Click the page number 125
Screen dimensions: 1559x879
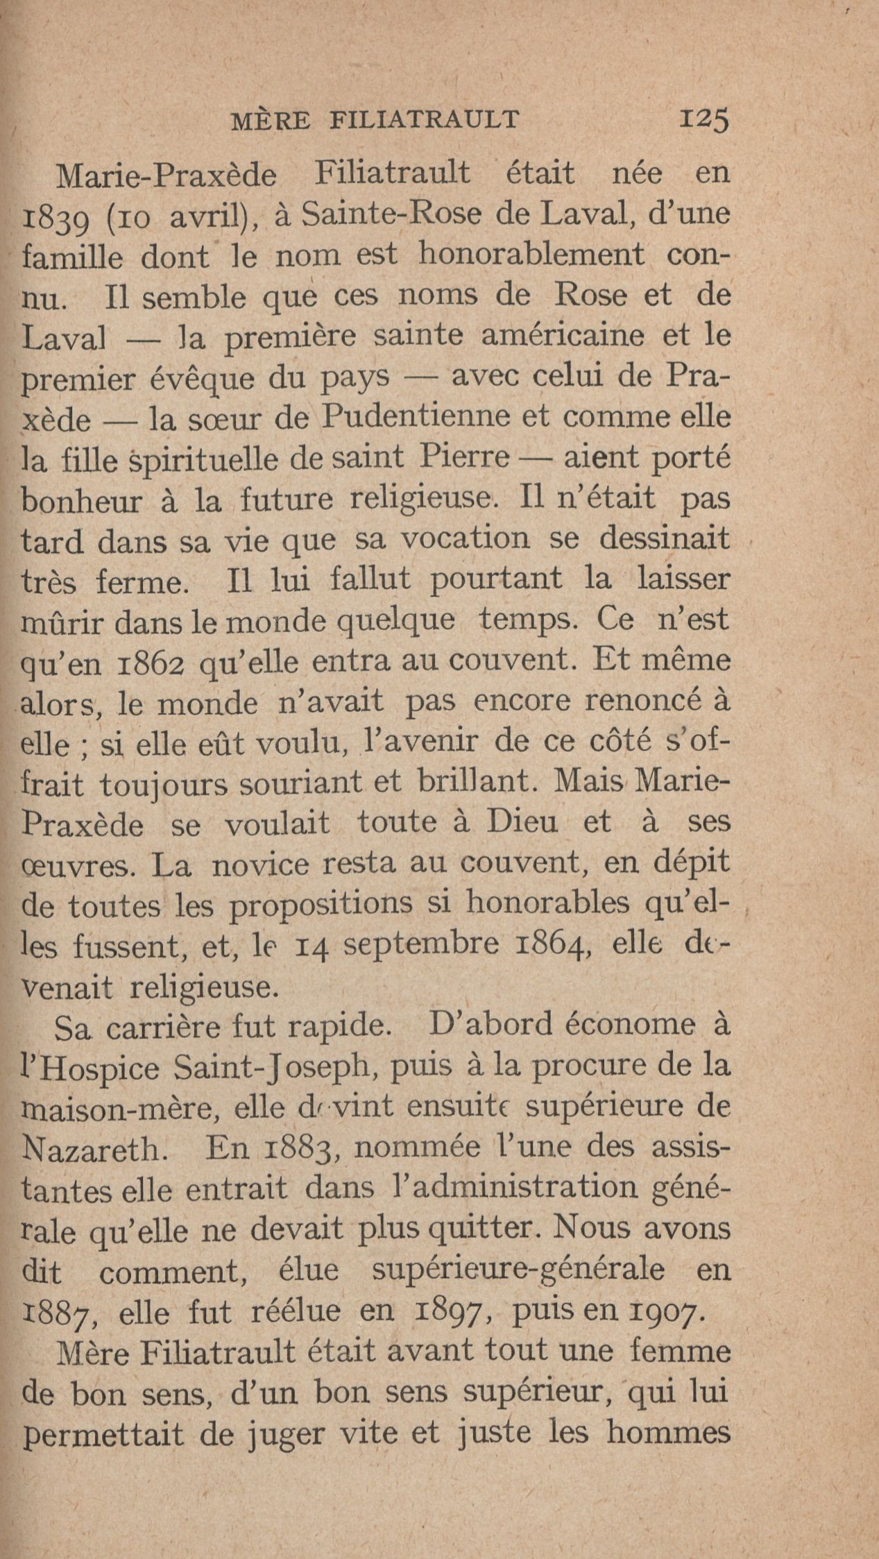705,120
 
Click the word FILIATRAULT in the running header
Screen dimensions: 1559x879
425,120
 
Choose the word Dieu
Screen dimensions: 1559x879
522,823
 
